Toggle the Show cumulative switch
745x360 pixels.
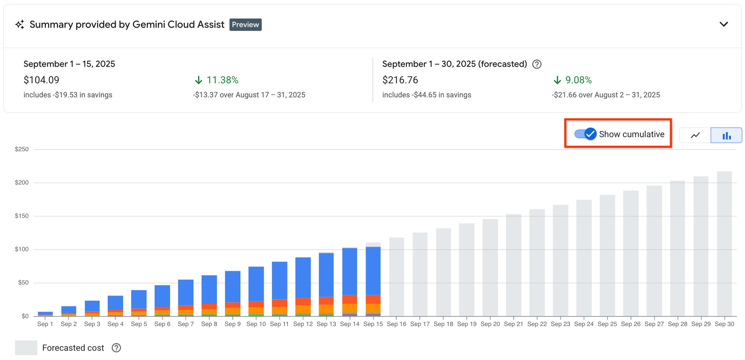click(x=586, y=134)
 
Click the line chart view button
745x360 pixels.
click(x=695, y=135)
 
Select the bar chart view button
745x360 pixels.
click(x=726, y=135)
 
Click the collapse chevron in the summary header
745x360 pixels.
click(x=723, y=24)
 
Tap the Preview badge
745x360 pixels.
click(x=245, y=25)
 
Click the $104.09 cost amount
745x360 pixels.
click(x=42, y=80)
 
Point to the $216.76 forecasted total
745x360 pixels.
click(x=400, y=80)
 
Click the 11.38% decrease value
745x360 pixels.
click(x=222, y=80)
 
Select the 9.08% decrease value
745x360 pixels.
click(x=578, y=80)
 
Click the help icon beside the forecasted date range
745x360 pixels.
click(x=537, y=64)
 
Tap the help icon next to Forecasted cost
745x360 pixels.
click(x=116, y=348)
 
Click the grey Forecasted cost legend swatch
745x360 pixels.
click(x=26, y=348)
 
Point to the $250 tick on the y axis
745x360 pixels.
click(x=22, y=149)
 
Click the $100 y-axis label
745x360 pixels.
click(x=22, y=249)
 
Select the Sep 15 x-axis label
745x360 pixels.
click(x=373, y=324)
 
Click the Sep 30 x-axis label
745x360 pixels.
click(x=724, y=324)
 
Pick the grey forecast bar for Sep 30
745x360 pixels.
click(x=724, y=243)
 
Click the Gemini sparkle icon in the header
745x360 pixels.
click(x=20, y=24)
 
